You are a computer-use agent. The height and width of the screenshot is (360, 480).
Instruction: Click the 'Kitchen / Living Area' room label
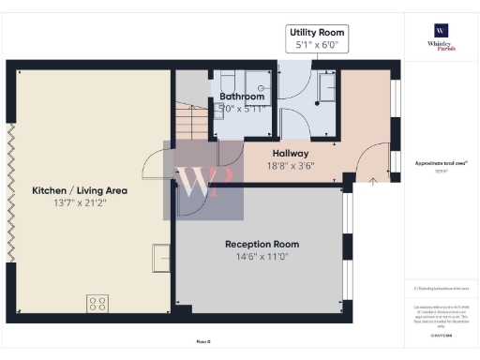(80, 190)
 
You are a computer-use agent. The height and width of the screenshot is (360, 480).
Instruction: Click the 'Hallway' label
(291, 153)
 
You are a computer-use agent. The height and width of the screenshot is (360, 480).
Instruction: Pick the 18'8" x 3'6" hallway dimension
(291, 166)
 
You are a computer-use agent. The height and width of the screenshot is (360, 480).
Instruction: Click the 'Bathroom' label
(242, 97)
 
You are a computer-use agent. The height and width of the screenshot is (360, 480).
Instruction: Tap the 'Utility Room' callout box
(313, 38)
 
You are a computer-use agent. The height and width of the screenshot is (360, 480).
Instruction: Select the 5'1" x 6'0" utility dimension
(313, 44)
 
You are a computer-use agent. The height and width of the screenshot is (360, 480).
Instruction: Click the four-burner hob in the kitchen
(97, 303)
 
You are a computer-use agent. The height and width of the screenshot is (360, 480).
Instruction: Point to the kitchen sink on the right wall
(162, 255)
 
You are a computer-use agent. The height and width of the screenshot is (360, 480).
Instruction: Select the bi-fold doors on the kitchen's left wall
(12, 192)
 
